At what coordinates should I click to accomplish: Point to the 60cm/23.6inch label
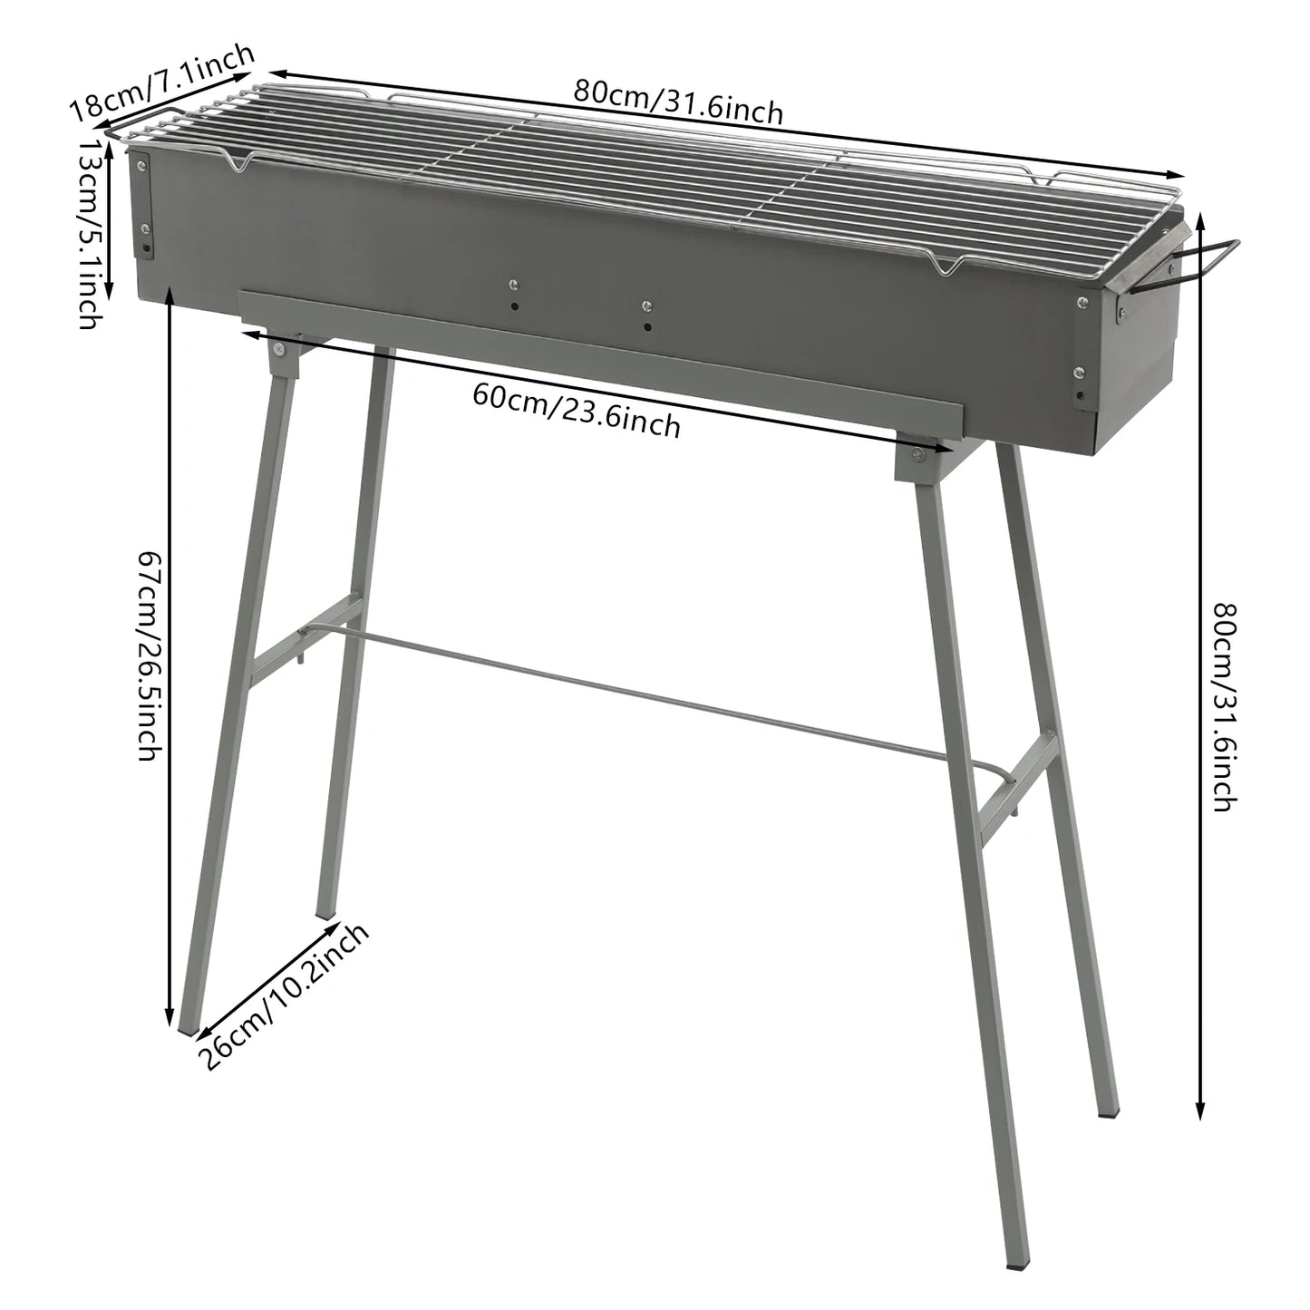tap(577, 409)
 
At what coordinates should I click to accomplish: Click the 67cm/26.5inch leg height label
tap(148, 656)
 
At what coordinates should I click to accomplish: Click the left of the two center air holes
tap(513, 306)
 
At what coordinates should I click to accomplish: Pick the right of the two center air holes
tap(645, 325)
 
